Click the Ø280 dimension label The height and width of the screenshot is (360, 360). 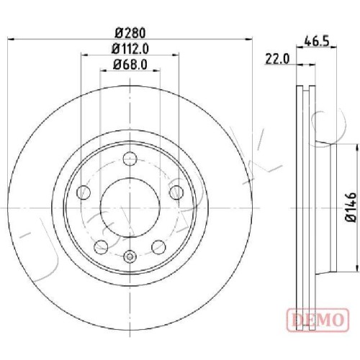click(x=130, y=33)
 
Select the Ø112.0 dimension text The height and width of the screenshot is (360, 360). click(x=130, y=49)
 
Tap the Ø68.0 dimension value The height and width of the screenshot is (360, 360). click(x=130, y=64)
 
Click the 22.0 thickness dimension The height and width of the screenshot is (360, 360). click(x=277, y=59)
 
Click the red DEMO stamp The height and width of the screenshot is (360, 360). click(x=318, y=320)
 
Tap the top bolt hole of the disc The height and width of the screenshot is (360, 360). click(x=130, y=158)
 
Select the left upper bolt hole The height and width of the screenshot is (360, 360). click(x=84, y=192)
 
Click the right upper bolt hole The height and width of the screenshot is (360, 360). click(x=176, y=192)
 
